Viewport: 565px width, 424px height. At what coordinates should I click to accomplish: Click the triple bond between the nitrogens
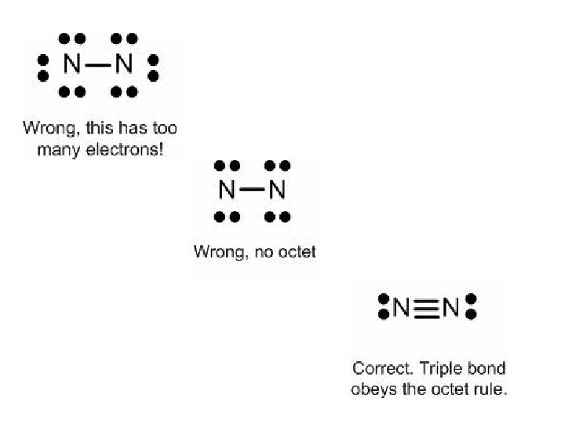[x=425, y=307]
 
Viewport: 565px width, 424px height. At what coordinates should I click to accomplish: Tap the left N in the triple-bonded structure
[x=401, y=307]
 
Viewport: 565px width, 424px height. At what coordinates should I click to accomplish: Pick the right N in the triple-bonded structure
[x=450, y=307]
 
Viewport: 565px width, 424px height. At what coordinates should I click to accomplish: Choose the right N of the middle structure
[x=277, y=190]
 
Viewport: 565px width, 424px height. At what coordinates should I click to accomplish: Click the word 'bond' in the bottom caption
[x=487, y=368]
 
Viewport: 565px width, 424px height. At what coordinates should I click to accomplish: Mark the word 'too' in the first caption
[x=164, y=128]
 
